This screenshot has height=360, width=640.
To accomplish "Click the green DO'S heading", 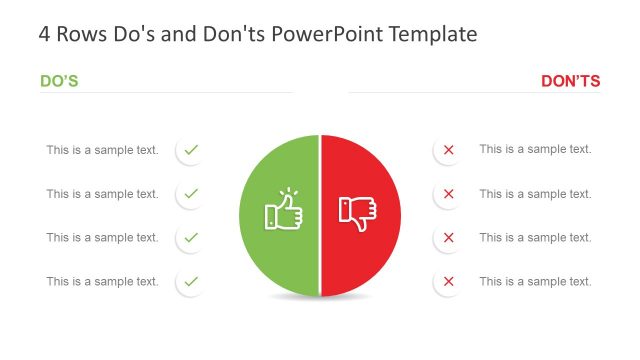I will pos(59,81).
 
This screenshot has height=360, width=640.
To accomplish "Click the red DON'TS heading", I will pos(570,81).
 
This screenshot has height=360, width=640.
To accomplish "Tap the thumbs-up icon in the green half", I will pos(283,211).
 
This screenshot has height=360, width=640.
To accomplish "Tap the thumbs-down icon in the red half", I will pos(357,212).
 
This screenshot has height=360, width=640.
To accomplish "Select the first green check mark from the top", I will pos(191,150).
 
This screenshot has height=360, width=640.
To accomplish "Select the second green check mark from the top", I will pos(191,193).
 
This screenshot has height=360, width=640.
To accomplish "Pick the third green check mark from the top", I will pos(191,238).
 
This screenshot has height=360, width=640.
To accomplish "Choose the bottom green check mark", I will pos(191,282).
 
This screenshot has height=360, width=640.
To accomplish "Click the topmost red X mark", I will pos(448,150).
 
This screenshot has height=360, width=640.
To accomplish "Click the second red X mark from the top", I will pos(448,194).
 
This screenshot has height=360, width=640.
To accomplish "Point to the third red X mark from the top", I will pos(448,238).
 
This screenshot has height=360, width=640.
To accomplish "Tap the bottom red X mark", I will pos(448,282).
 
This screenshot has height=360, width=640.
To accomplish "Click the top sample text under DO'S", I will pos(102,150).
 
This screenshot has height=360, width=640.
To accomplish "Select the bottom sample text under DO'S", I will pos(102,282).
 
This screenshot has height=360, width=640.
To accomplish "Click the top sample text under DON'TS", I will pos(535,149).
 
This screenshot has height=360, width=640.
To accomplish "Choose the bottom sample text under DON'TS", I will pos(535,282).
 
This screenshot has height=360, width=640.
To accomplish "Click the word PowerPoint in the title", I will pos(321,35).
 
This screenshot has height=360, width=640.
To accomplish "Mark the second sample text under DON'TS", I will pos(535,194).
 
